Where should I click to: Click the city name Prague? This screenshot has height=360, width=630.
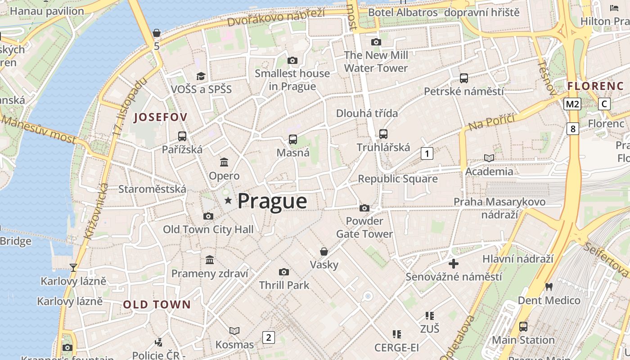click(272, 201)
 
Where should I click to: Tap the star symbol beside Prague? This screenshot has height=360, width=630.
click(228, 201)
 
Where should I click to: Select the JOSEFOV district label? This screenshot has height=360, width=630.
click(161, 117)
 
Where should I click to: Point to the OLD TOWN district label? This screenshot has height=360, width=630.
click(157, 305)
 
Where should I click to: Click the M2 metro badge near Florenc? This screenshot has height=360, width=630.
click(572, 104)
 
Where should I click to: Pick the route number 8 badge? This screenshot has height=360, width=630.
click(572, 129)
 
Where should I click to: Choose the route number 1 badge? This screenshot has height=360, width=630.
click(427, 153)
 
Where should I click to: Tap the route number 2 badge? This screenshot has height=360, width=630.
click(269, 337)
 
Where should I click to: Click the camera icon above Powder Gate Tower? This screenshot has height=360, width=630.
click(364, 208)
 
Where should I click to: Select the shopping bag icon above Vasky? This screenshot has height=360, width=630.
click(324, 252)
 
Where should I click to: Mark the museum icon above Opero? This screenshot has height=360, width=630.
click(224, 162)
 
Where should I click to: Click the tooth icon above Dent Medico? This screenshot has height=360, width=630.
click(549, 286)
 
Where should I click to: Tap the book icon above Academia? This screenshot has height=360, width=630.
click(489, 158)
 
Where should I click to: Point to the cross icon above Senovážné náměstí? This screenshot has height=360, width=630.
click(454, 263)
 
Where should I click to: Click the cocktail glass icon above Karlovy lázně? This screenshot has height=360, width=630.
click(73, 268)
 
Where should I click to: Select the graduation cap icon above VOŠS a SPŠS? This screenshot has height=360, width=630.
click(201, 76)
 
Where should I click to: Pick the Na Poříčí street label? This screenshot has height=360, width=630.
click(491, 122)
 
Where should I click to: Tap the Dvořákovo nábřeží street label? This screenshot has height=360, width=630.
click(275, 17)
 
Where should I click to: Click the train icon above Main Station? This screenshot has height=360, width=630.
click(523, 327)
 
